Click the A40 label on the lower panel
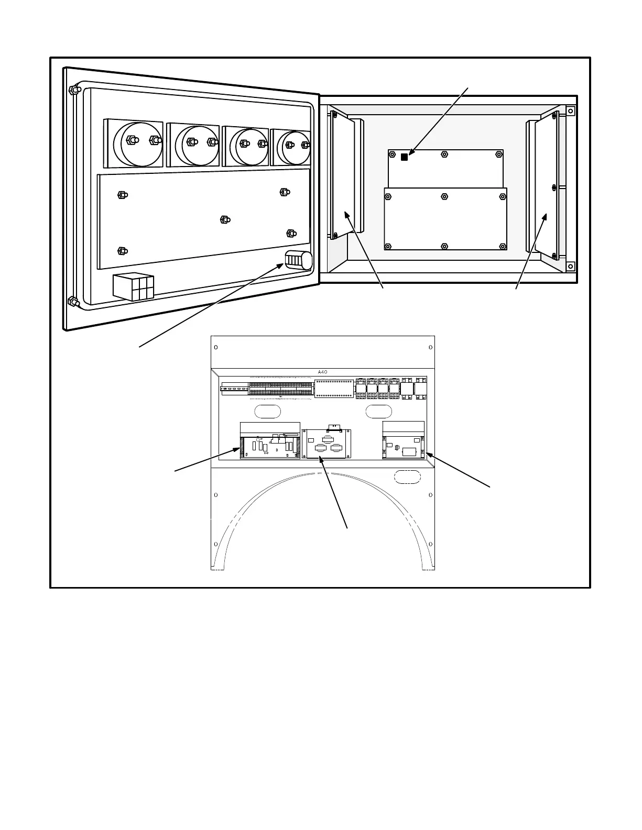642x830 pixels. [322, 372]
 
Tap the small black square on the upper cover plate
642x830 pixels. [404, 157]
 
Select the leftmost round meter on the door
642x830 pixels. [134, 142]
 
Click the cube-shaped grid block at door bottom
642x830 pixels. [134, 286]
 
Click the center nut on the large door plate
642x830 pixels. [224, 219]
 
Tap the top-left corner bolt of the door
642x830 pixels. [73, 90]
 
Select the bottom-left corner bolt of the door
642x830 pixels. [73, 302]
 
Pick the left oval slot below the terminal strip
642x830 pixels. [267, 411]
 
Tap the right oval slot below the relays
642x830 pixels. [378, 411]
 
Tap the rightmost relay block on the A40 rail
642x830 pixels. [421, 389]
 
